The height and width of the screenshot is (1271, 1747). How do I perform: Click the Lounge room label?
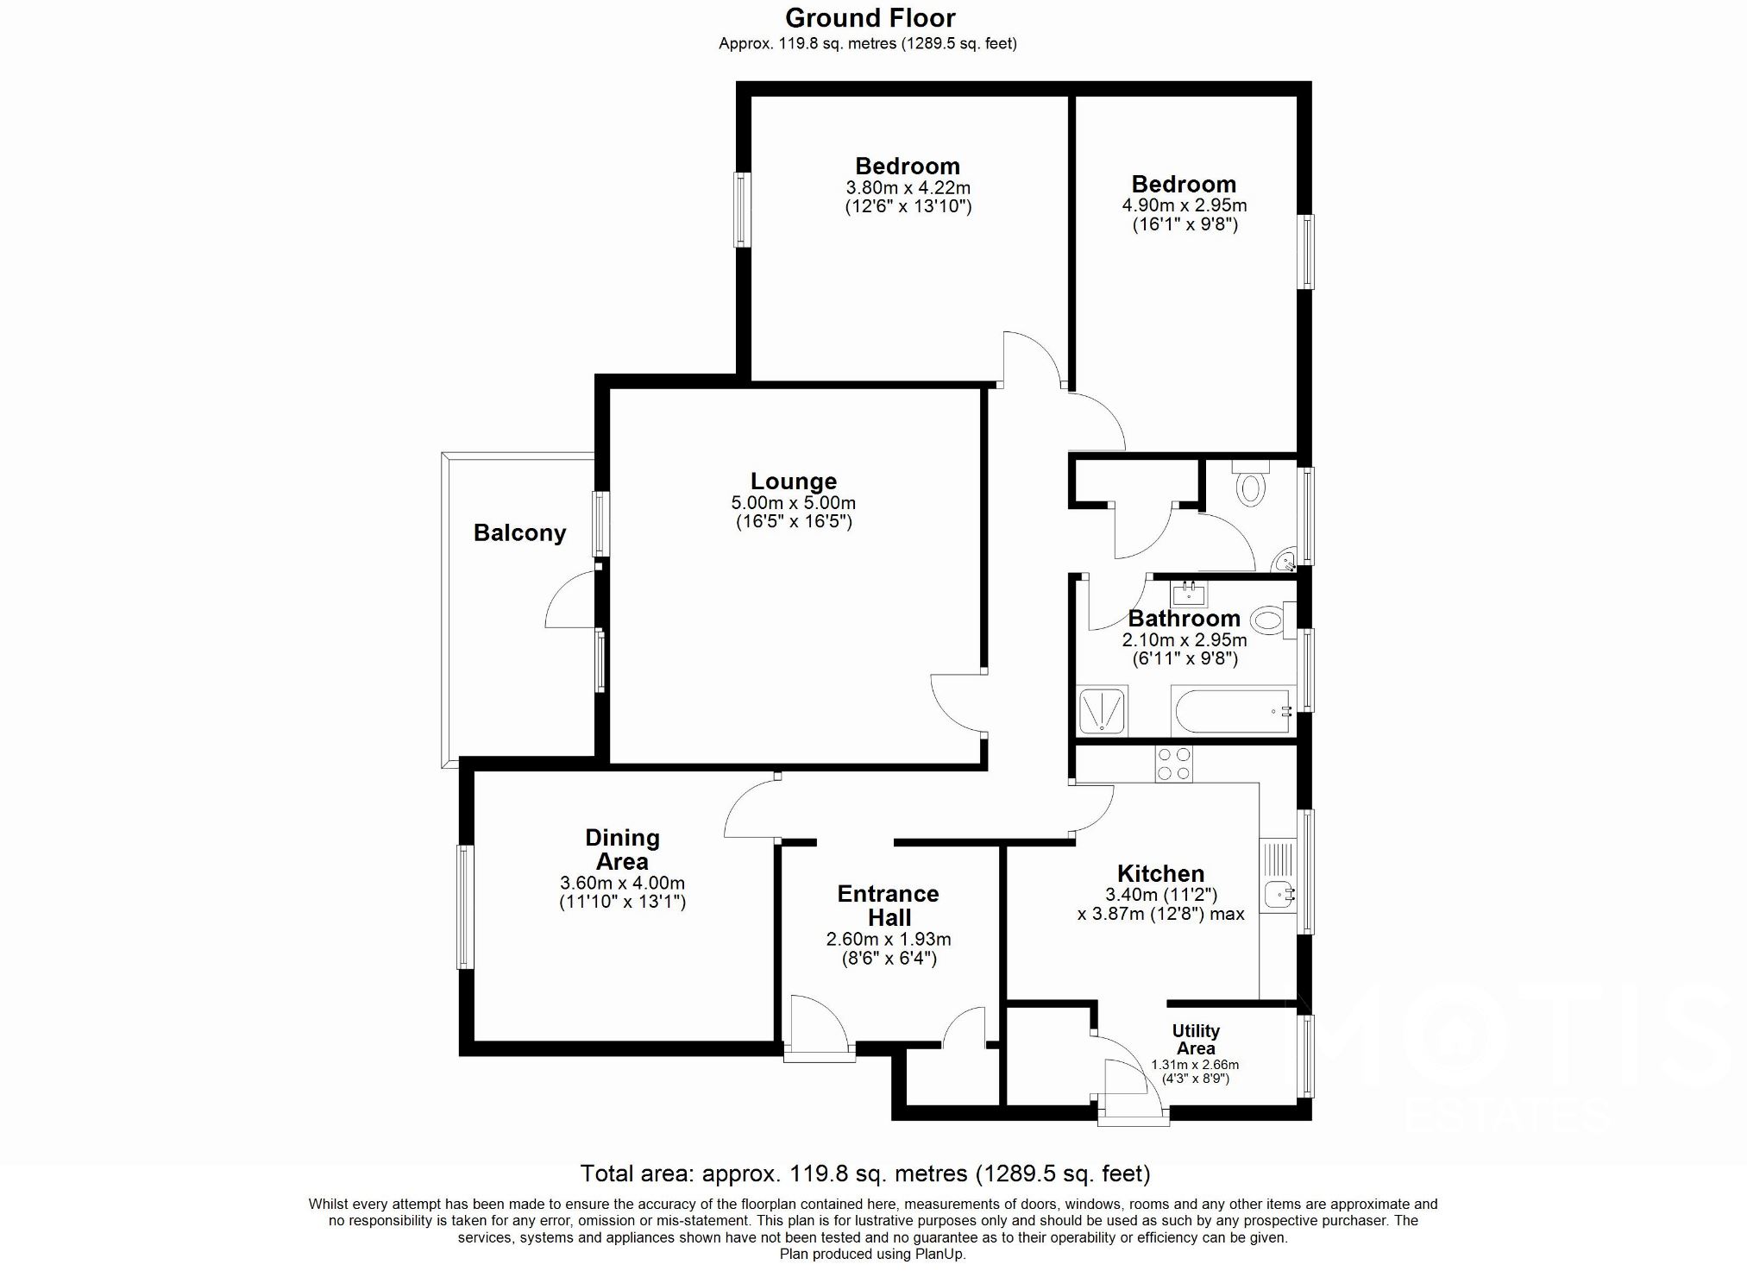coord(793,481)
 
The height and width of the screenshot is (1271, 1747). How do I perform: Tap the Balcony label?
coord(519,532)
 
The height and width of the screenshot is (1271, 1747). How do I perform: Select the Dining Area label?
coord(622,849)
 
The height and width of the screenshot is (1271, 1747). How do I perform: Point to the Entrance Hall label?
coord(888,905)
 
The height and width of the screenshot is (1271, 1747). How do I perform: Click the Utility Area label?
coord(1195,1039)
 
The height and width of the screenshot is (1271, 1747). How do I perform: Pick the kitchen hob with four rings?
coord(1173,764)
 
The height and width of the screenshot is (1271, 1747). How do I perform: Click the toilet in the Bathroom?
coord(1270,619)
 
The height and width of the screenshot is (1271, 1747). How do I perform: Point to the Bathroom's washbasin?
coord(1190,594)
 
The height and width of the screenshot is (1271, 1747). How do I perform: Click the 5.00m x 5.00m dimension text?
coord(793,503)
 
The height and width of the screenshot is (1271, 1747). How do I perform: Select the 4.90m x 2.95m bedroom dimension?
coord(1184,205)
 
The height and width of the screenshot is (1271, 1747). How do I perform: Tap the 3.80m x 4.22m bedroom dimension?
coord(908,187)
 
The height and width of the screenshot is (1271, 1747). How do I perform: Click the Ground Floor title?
coord(870,17)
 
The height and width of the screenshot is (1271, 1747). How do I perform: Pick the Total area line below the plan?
coord(865,1173)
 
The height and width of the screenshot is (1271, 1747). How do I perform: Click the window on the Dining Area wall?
coord(465,907)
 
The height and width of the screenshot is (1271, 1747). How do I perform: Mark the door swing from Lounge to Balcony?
coord(569,600)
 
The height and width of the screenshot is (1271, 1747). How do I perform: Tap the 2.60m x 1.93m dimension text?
coord(888,940)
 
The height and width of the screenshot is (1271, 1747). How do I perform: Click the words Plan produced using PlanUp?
coord(872,1254)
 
